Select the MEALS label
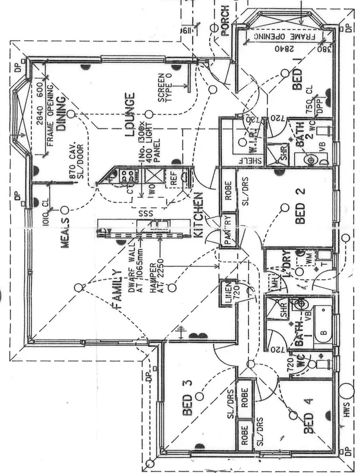pos(66,235)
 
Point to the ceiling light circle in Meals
pos(64,210)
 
